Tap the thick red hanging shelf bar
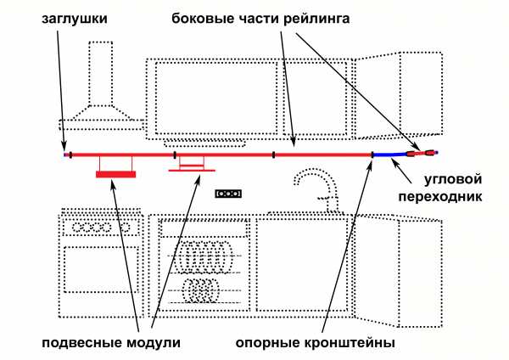(x=115, y=174)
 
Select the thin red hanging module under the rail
(x=191, y=169)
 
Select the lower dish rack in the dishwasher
(x=204, y=290)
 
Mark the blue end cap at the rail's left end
(x=64, y=155)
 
